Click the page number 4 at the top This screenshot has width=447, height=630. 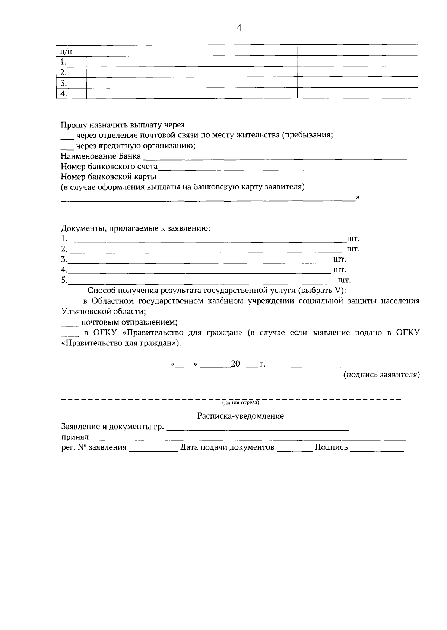[x=239, y=28]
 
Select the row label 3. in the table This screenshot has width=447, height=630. [x=64, y=83]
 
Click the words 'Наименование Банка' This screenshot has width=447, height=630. [x=101, y=156]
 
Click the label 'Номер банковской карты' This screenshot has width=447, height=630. [x=109, y=177]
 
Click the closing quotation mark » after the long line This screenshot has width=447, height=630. [x=358, y=197]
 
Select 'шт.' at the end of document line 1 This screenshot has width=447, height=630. [x=353, y=238]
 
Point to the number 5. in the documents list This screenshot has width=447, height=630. [x=64, y=280]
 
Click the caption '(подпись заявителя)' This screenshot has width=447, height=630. [x=381, y=375]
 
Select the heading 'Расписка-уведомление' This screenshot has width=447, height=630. [x=240, y=416]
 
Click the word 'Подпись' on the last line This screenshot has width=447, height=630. [x=331, y=447]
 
